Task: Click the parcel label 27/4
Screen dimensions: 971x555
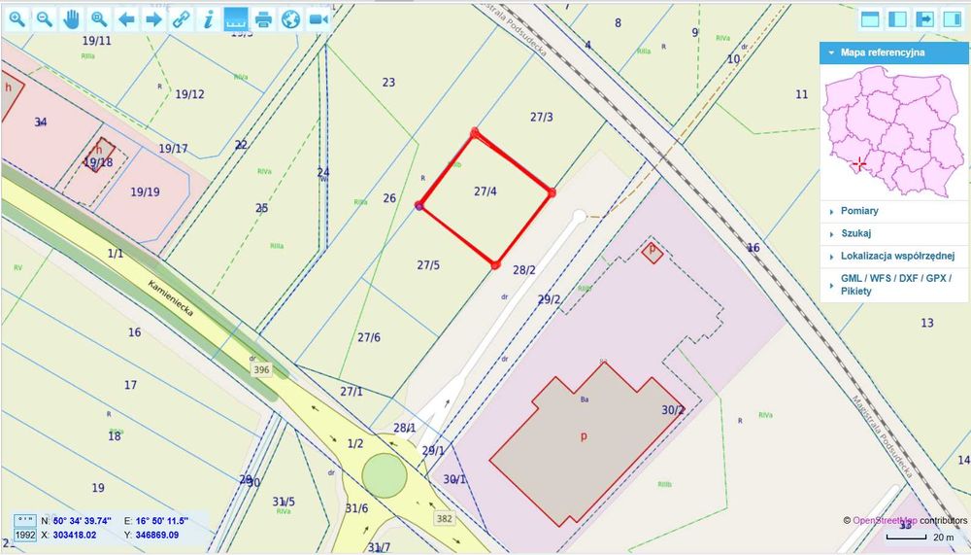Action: point(485,191)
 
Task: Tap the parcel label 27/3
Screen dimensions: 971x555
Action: point(542,117)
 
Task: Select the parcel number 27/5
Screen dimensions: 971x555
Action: point(428,264)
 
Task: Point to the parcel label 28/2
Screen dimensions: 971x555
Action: point(524,270)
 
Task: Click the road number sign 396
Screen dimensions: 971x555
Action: point(261,370)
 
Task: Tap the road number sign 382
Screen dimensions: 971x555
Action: point(444,518)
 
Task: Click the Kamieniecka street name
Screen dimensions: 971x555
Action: point(173,301)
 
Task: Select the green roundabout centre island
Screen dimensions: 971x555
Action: point(384,475)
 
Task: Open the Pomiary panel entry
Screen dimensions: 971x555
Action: point(860,211)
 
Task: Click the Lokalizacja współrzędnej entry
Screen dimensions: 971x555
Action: point(896,257)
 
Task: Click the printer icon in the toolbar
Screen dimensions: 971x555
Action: point(263,19)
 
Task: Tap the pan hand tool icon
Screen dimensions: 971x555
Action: point(72,19)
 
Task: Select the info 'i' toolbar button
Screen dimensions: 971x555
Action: point(208,19)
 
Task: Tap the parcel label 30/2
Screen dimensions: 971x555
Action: point(673,410)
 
